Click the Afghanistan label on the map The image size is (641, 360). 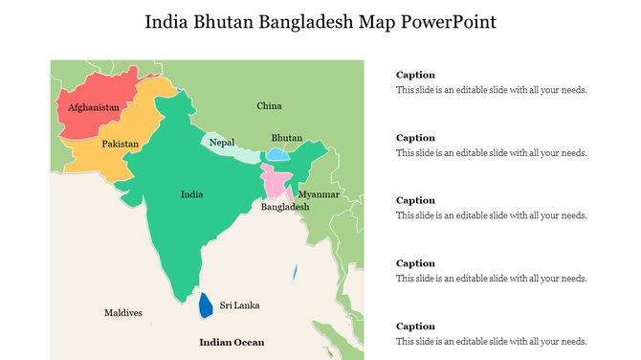tap(94, 107)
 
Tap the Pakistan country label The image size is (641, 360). tap(121, 144)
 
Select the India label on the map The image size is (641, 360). tap(191, 194)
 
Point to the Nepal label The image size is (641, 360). tap(222, 142)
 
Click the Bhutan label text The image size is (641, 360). tap(287, 138)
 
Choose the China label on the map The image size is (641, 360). tap(269, 105)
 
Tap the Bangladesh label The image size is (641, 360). tap(285, 207)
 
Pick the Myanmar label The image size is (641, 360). tap(319, 194)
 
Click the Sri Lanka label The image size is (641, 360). tap(239, 305)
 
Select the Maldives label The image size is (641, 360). tap(122, 313)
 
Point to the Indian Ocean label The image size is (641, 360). tap(232, 342)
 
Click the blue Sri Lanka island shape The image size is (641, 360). tap(205, 305)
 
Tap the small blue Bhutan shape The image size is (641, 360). tap(277, 154)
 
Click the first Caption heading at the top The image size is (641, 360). tap(415, 75)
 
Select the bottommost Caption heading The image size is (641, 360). tap(415, 326)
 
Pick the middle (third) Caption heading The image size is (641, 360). tap(415, 200)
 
